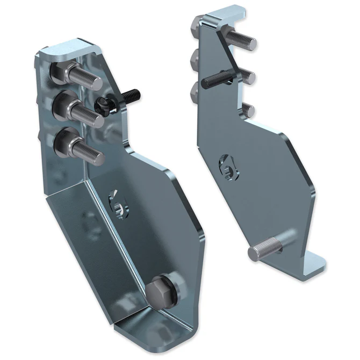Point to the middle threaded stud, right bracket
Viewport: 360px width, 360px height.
(245, 75)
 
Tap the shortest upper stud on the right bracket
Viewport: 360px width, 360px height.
(247, 110)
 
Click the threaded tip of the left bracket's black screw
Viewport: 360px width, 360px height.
(134, 96)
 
